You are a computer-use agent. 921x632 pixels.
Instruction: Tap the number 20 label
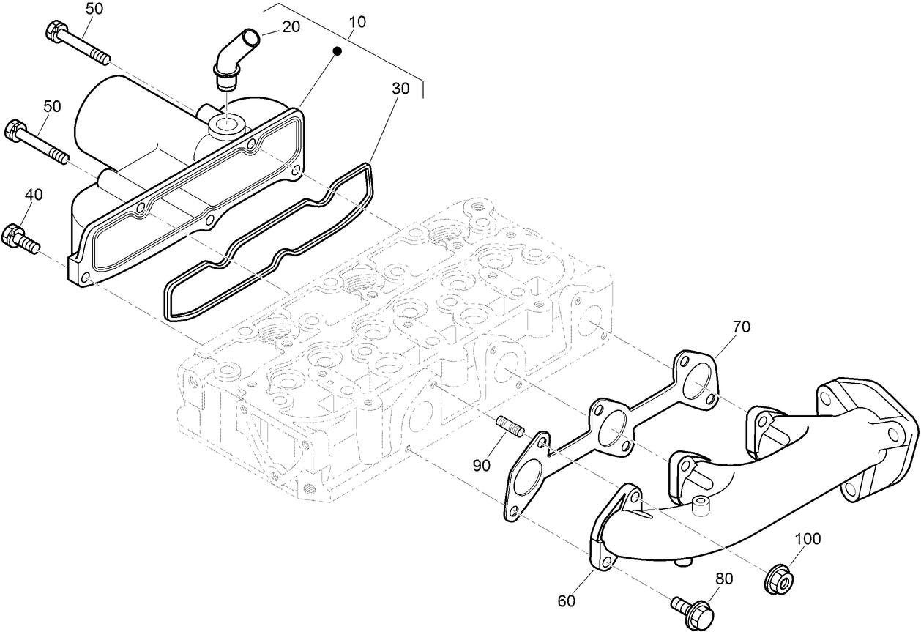click(291, 26)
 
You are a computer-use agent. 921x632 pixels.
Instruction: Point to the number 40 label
click(34, 194)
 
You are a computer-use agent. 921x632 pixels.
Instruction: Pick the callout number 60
click(567, 601)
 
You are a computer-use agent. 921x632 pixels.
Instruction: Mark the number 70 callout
click(741, 327)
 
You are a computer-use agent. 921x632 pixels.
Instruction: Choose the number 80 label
click(723, 578)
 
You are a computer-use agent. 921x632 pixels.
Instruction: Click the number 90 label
click(480, 466)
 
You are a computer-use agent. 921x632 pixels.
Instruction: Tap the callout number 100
click(808, 539)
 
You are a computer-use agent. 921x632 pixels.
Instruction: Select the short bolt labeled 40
click(21, 238)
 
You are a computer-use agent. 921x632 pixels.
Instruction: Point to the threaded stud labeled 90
click(509, 426)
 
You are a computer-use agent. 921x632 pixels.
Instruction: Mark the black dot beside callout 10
click(337, 51)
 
